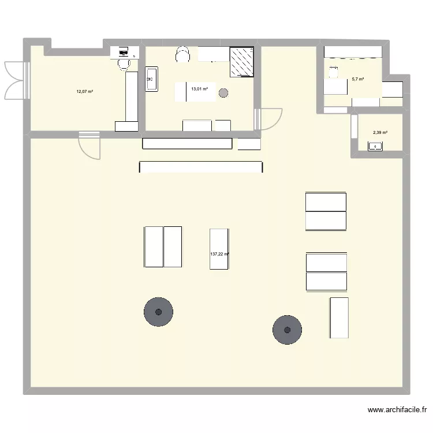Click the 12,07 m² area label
click(x=85, y=91)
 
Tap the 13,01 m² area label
click(x=200, y=89)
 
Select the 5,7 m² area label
click(x=358, y=79)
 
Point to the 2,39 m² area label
click(x=380, y=133)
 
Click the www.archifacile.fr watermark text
click(x=397, y=410)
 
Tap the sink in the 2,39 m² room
click(x=376, y=147)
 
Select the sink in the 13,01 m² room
click(x=152, y=79)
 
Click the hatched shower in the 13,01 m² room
click(x=242, y=62)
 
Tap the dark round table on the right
click(x=287, y=330)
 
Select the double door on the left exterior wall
click(x=15, y=79)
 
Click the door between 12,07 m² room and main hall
click(x=89, y=145)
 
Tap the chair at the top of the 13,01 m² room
click(x=182, y=54)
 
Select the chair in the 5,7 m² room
click(x=333, y=72)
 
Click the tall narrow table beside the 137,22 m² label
click(x=219, y=248)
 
